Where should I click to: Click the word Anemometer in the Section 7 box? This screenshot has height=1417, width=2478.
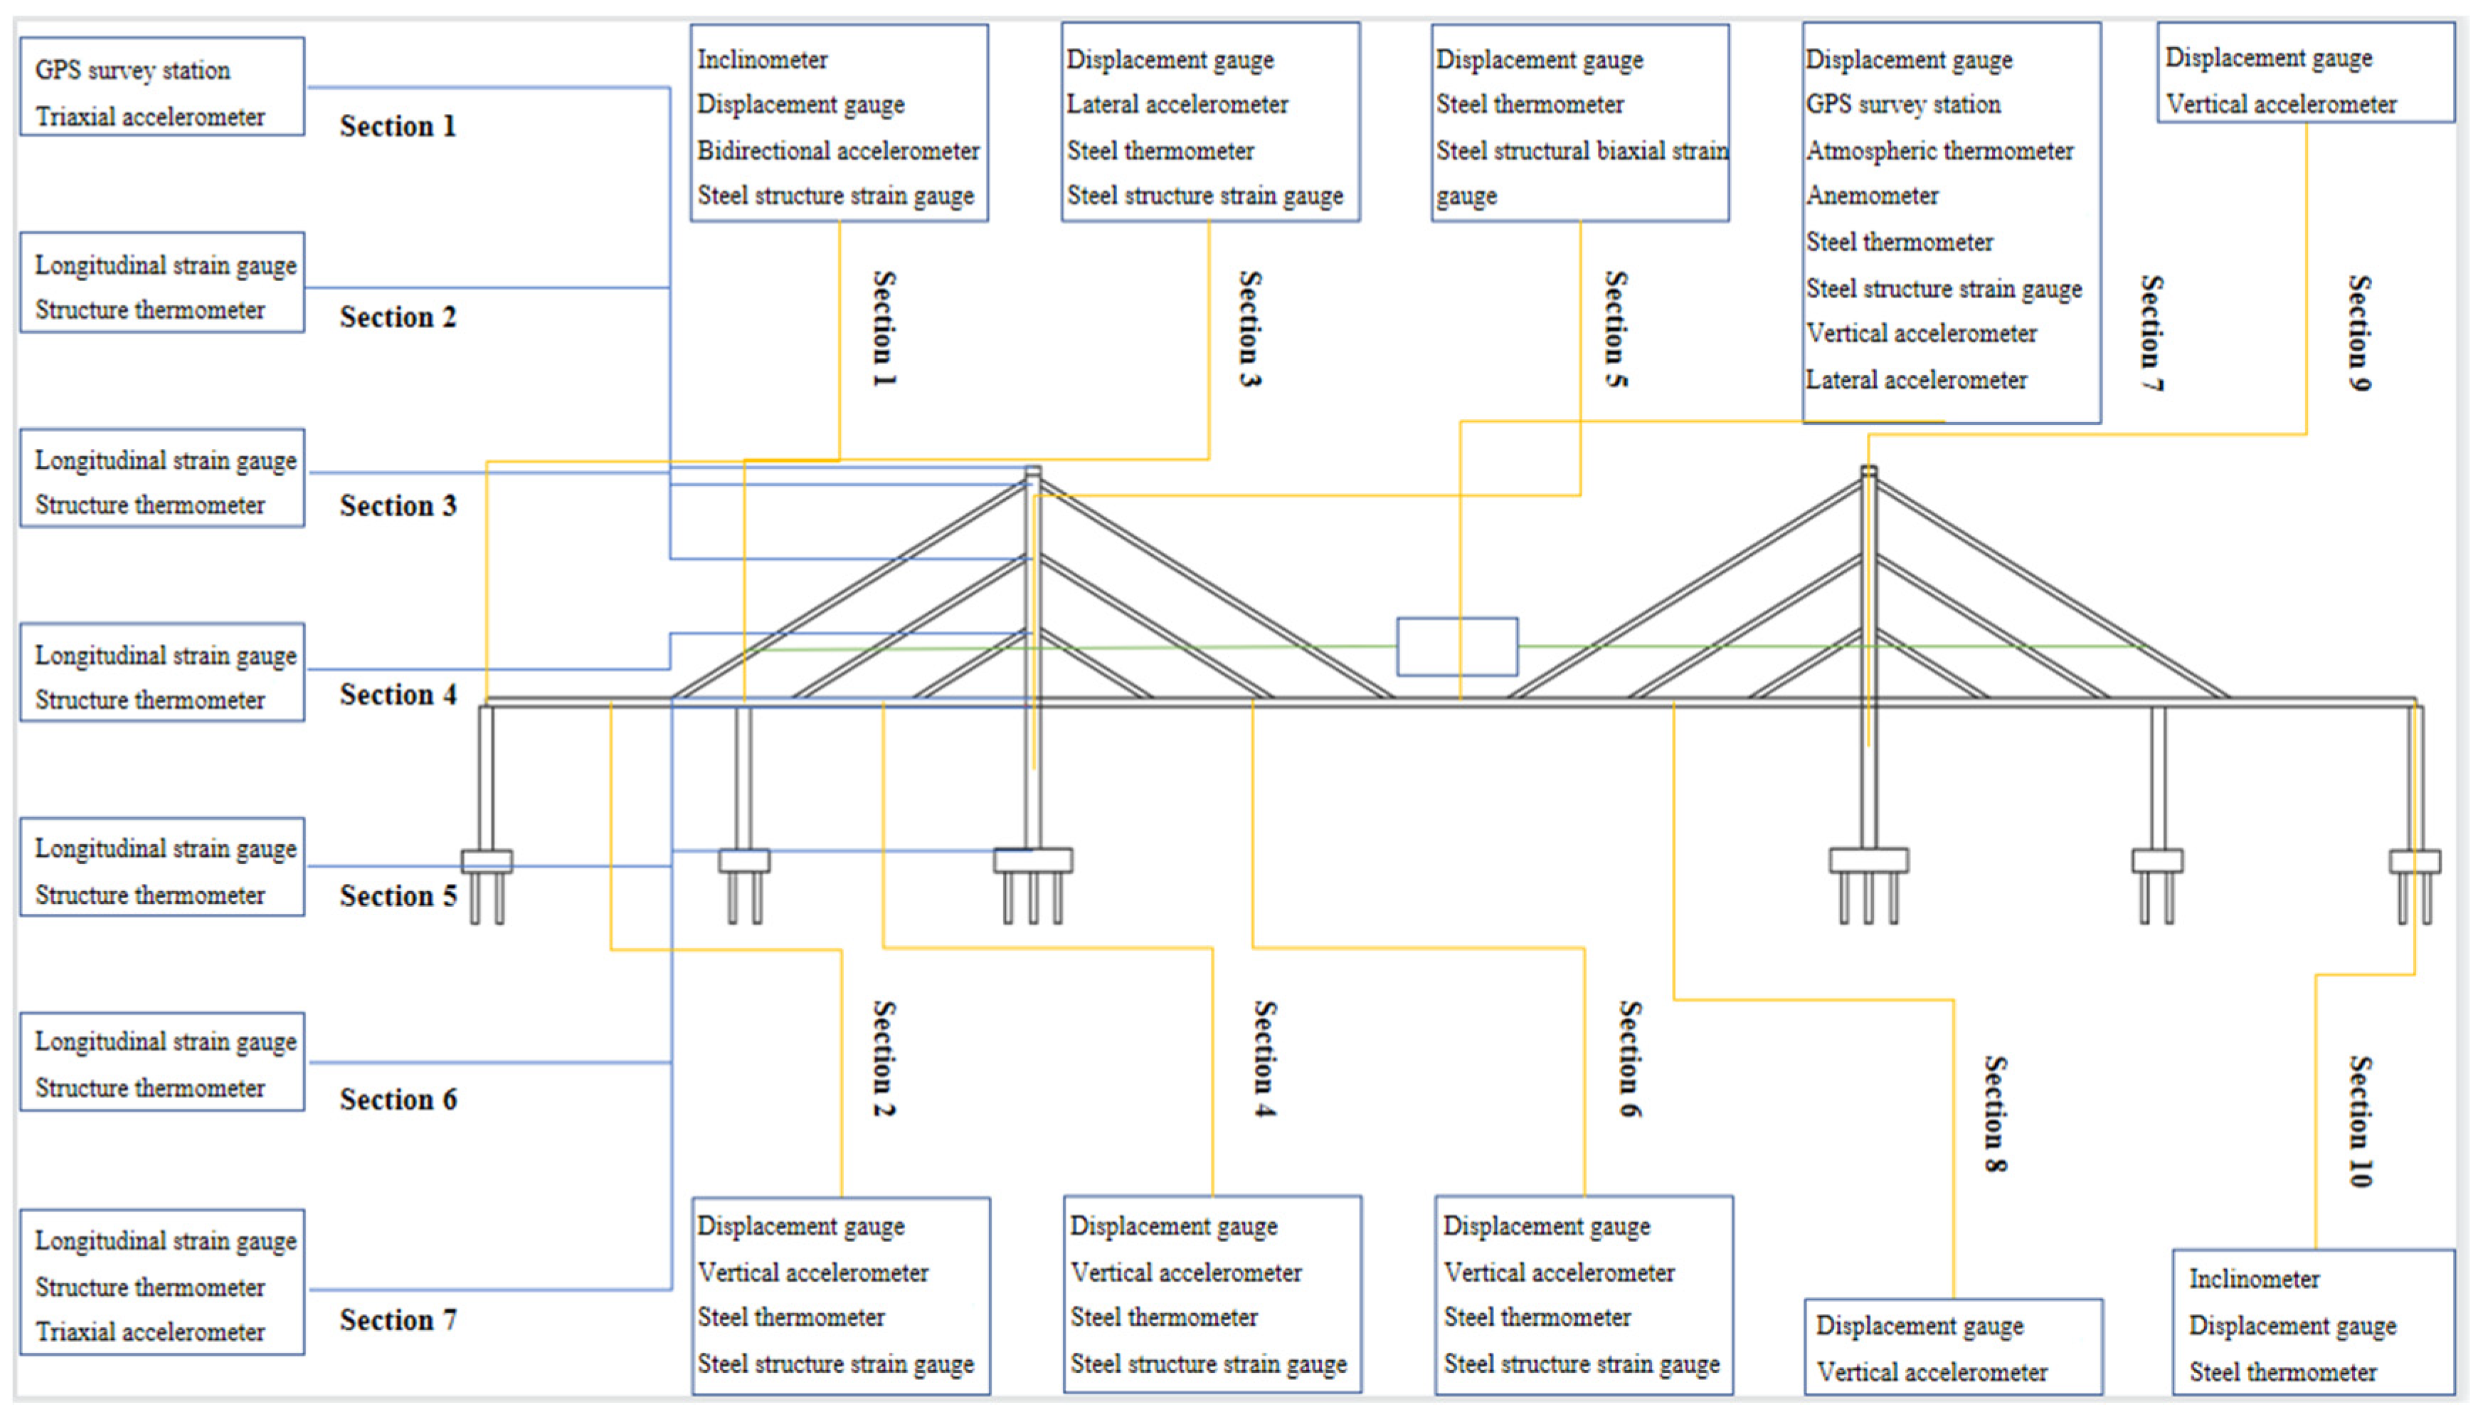pos(1871,196)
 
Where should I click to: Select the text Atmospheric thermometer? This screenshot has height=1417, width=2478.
pos(1939,151)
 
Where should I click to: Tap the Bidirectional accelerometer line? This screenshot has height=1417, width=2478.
pos(837,151)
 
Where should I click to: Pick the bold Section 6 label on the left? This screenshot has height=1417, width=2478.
pos(397,1099)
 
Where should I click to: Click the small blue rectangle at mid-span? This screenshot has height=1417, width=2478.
pos(1456,646)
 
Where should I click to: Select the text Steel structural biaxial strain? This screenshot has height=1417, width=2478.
pos(1582,151)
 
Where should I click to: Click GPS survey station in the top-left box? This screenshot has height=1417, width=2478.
pos(132,70)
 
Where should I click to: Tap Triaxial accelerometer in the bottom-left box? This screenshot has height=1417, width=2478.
pos(150,1332)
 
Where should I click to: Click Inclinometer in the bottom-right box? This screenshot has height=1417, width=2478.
pos(2253,1279)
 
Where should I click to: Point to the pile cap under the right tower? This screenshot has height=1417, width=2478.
pos(1868,860)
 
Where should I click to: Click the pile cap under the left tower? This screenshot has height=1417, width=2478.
pos(1032,860)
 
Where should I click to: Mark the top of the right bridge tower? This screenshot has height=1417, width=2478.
pos(1868,472)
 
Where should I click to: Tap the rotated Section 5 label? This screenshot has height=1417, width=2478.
pos(1616,329)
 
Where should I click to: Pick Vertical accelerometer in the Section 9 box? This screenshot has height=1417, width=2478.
pos(2280,104)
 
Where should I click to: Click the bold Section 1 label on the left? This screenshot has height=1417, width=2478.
pos(397,127)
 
